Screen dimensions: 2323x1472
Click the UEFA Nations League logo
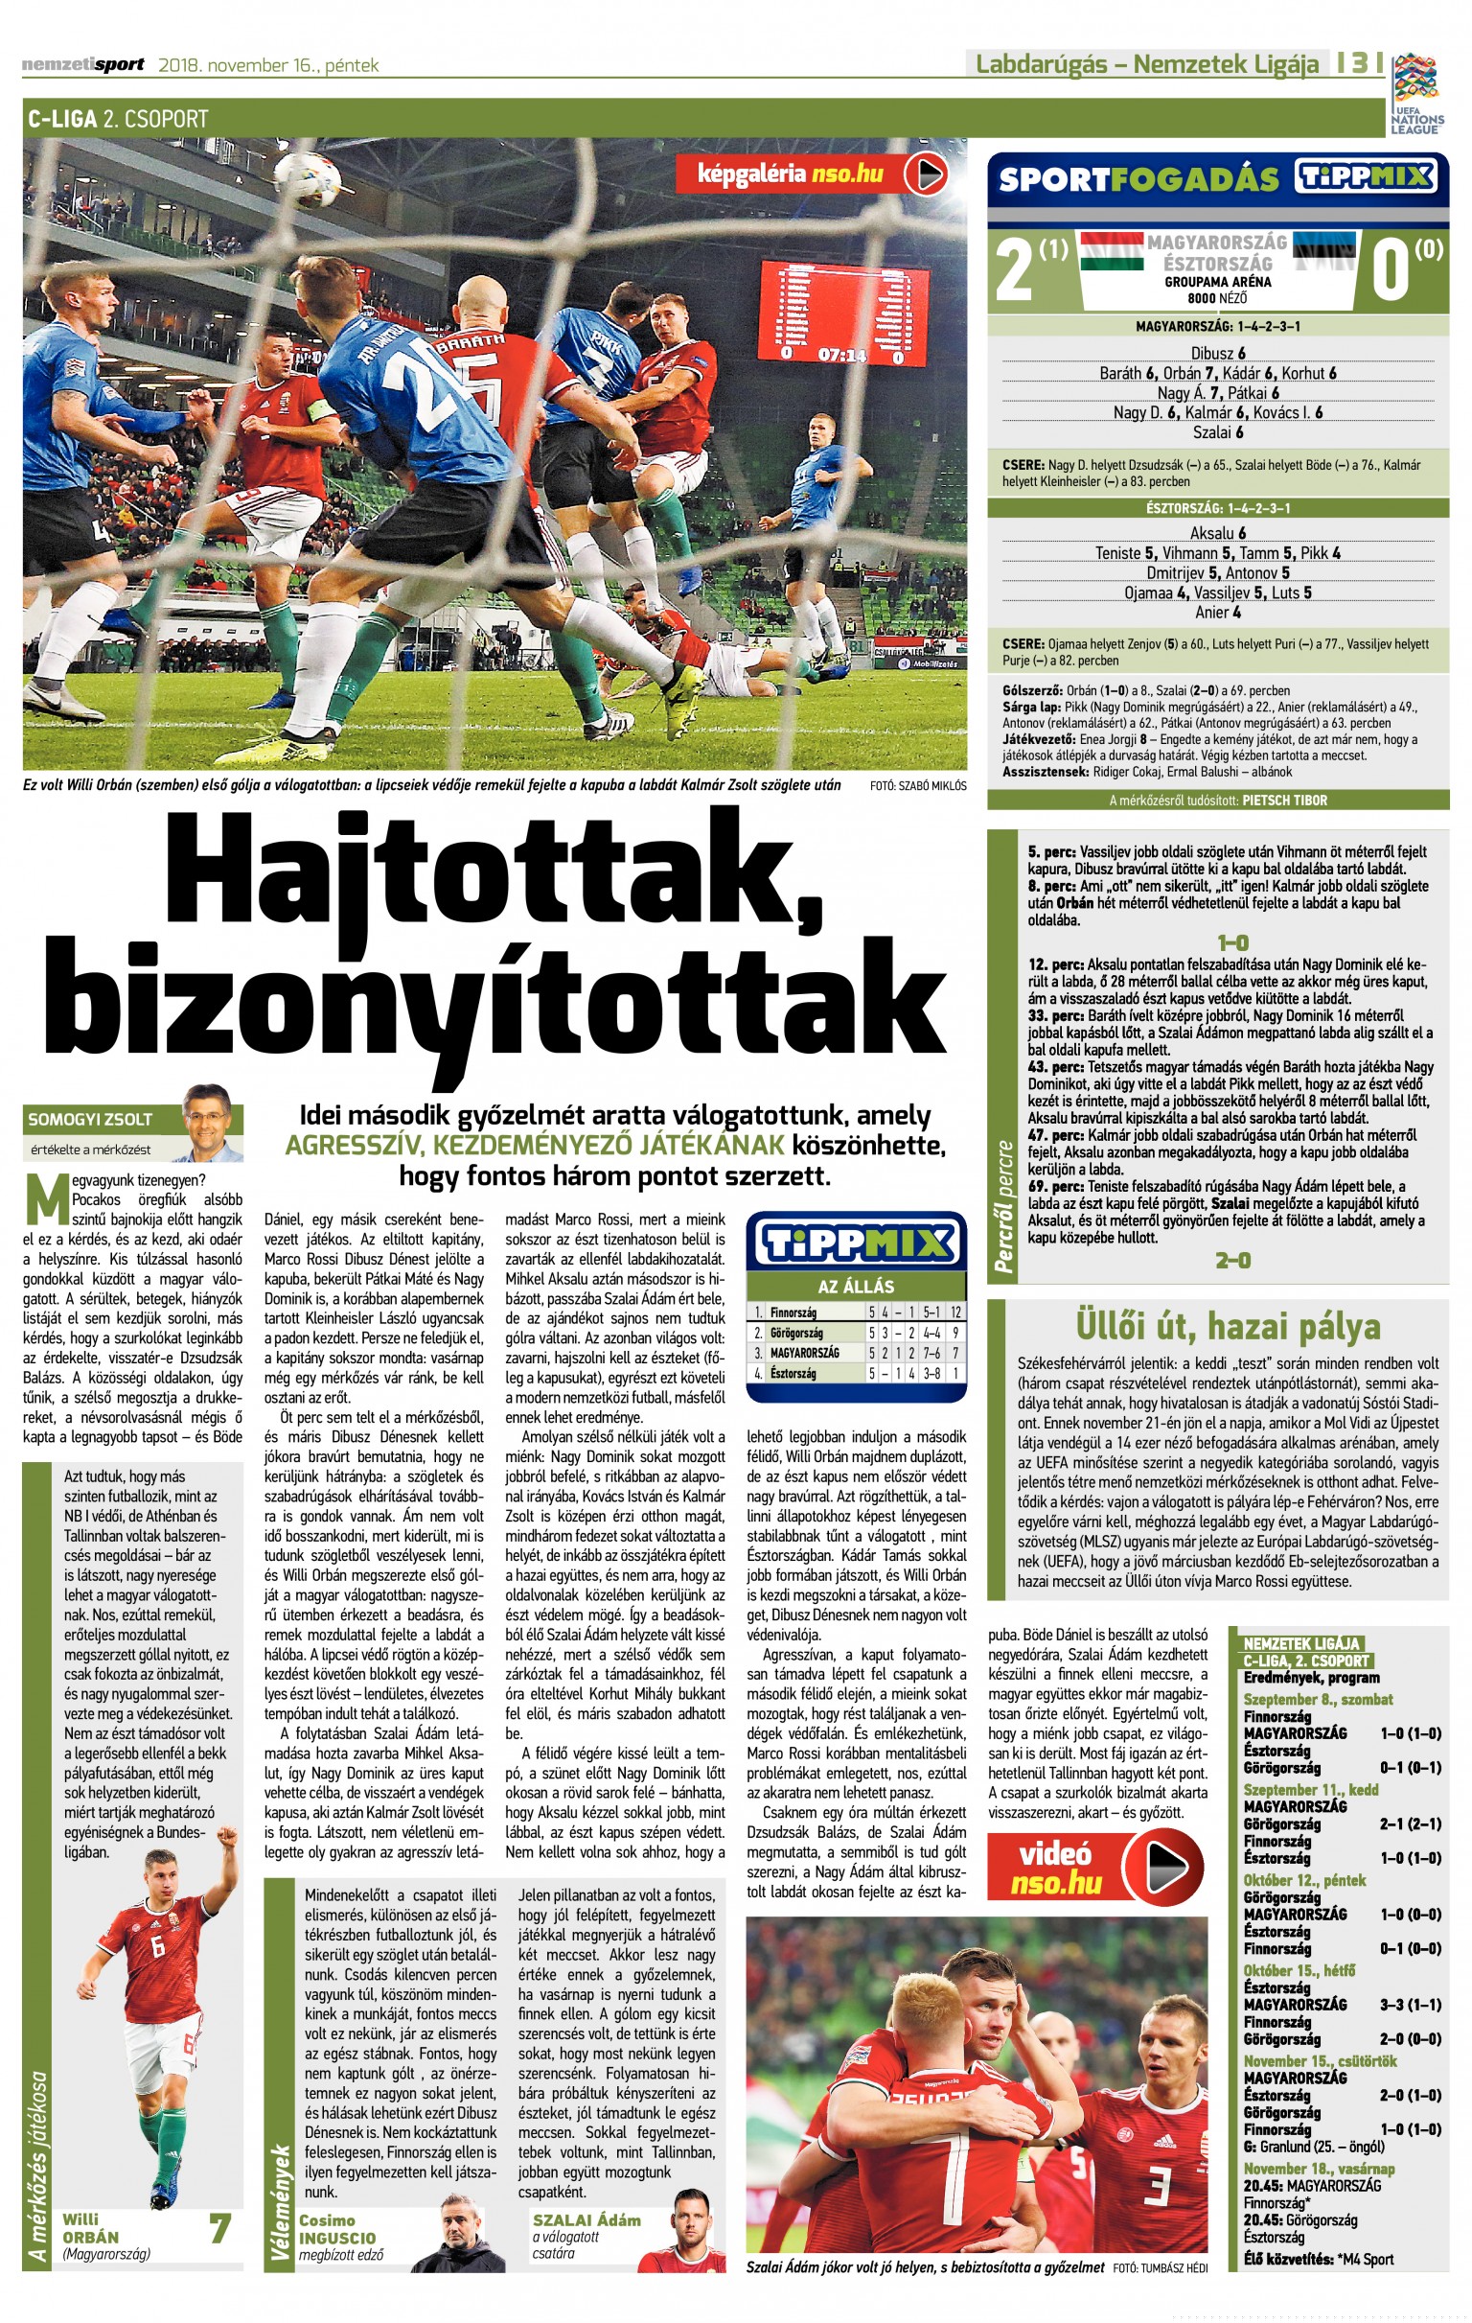click(1415, 93)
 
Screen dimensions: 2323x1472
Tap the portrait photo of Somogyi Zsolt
click(212, 1123)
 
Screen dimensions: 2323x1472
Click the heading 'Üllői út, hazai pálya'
click(1228, 1328)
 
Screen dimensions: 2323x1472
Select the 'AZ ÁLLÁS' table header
click(856, 1286)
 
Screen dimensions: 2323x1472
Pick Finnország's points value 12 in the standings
click(954, 1312)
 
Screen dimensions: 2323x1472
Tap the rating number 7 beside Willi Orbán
click(219, 2228)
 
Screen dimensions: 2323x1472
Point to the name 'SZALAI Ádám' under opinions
click(586, 2219)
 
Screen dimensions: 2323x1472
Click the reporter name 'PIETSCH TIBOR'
click(1284, 800)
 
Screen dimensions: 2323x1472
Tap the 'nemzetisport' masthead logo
click(83, 64)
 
